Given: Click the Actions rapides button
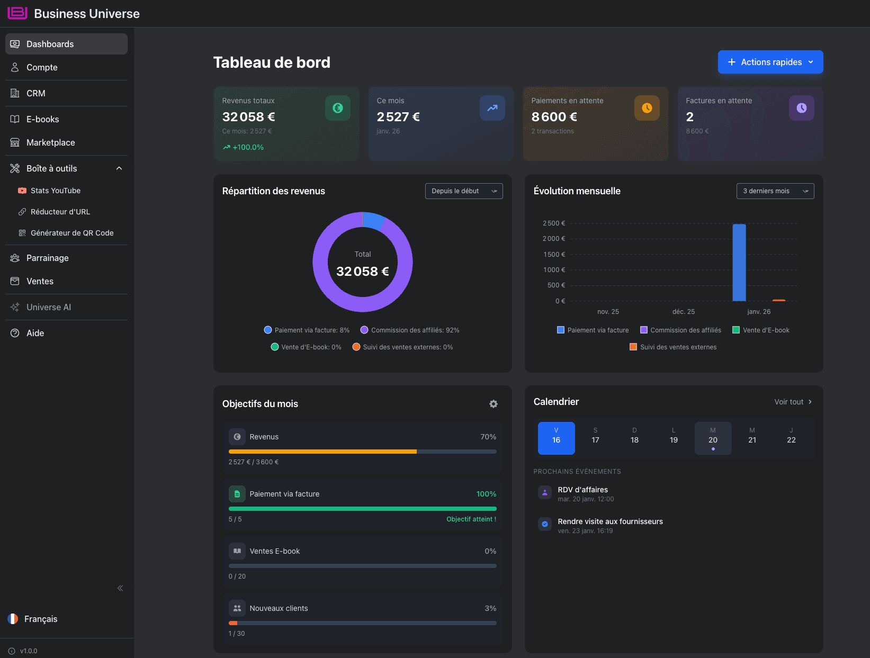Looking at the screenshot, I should tap(770, 62).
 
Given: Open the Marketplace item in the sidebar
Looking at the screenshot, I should tap(50, 142).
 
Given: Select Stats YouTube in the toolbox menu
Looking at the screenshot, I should tap(55, 191).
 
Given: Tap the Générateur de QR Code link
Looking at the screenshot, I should tap(71, 233).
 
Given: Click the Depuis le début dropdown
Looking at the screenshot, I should tap(463, 191).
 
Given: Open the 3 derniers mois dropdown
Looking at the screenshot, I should tap(775, 191).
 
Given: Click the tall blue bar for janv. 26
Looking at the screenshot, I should tap(739, 262).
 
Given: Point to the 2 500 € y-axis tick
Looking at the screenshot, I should tap(553, 223).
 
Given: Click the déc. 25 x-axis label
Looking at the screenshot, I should tap(683, 312).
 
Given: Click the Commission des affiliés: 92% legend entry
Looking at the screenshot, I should tap(410, 330).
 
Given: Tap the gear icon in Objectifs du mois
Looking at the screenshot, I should tap(493, 404).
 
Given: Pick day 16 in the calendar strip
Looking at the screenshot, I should tap(556, 438).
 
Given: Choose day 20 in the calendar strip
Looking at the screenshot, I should tap(713, 438).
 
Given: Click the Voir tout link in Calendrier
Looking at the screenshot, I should tap(793, 402).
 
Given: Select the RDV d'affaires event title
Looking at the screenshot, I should tap(582, 490).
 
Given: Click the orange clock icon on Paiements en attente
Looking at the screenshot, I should tap(647, 108).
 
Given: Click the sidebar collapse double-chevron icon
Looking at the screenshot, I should tap(120, 588).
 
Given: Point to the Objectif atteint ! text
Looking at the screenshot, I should tap(471, 519).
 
